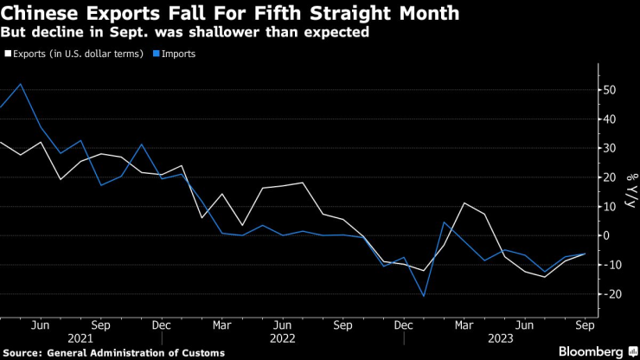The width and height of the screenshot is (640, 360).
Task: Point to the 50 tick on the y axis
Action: coord(611,90)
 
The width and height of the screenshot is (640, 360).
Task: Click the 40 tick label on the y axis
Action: coord(611,119)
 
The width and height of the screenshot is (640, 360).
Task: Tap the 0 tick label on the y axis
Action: coord(607,235)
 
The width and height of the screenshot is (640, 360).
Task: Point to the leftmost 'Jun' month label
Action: coord(39,325)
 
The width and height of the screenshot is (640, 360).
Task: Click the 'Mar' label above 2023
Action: coord(464,325)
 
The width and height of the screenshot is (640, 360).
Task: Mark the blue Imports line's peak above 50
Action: coord(20,84)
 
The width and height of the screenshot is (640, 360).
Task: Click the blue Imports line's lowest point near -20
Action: coord(424,296)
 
